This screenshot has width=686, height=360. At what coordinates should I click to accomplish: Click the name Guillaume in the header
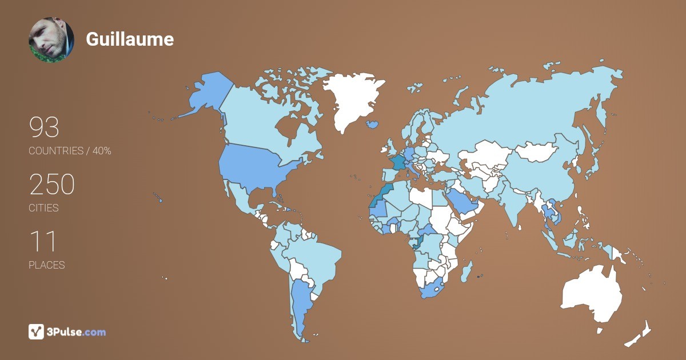pos(130,39)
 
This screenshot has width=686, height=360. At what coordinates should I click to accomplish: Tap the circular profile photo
pos(51,39)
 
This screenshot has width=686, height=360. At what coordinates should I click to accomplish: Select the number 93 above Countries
pos(44,127)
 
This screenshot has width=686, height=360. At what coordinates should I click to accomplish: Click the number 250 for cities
pos(52,185)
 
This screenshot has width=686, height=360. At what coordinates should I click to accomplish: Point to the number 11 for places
pos(42,242)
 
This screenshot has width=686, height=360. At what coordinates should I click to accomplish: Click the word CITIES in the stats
pos(43,208)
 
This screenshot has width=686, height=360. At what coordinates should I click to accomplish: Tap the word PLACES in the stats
pos(46,265)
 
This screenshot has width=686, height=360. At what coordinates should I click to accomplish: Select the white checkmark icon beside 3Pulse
pos(37,331)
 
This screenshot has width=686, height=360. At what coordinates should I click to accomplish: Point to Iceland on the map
pos(373,123)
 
